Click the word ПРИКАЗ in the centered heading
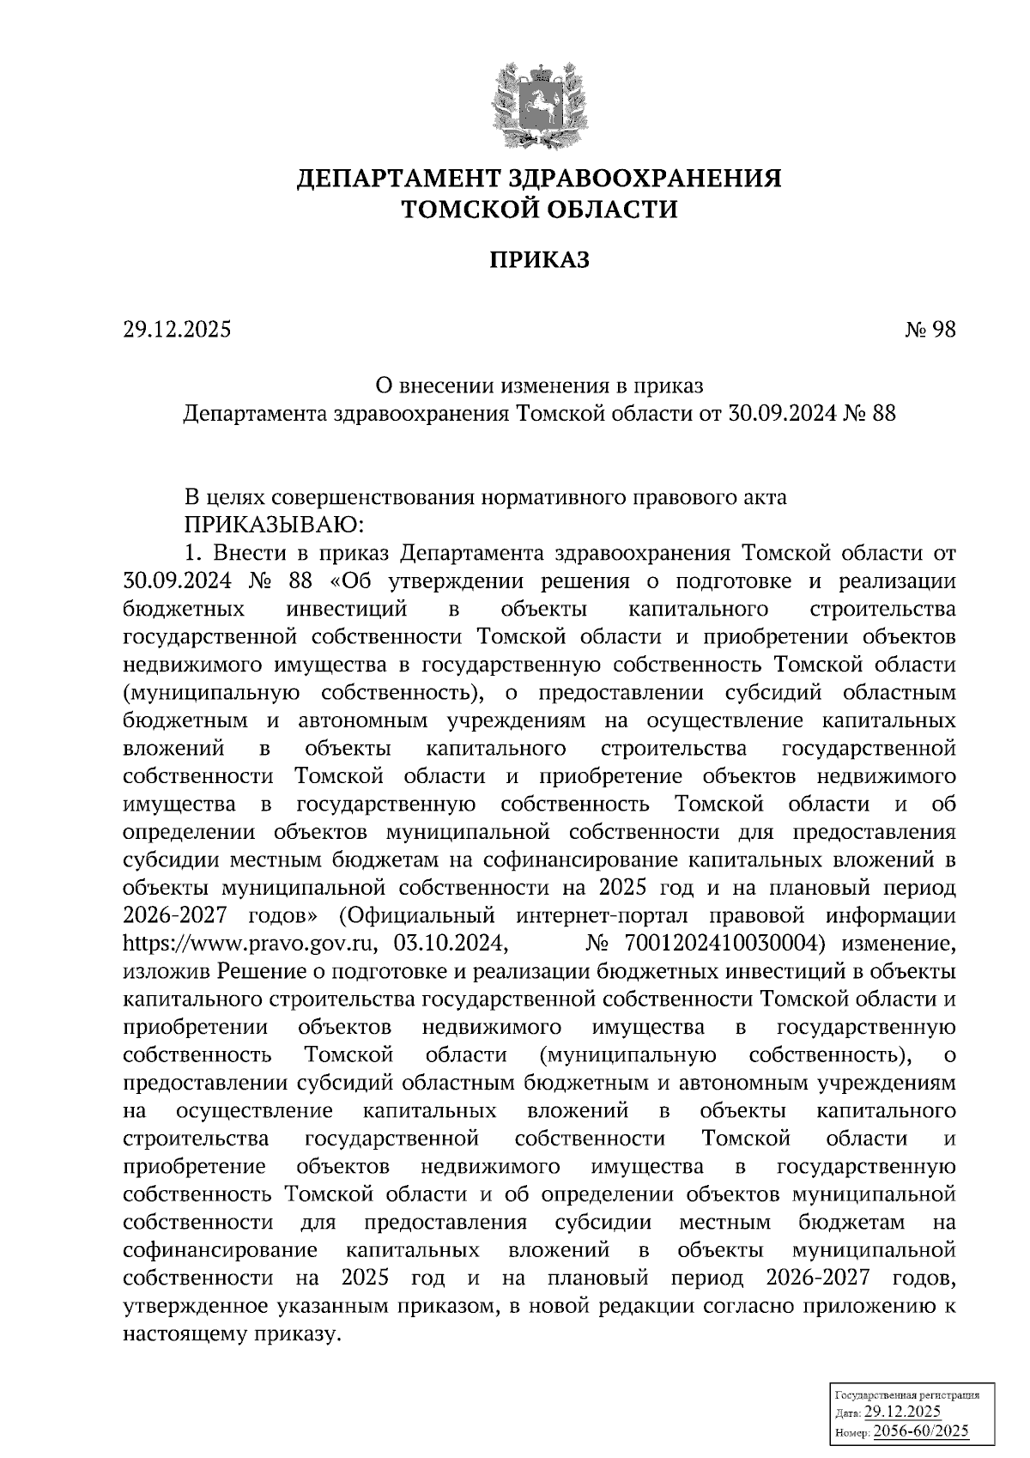(539, 259)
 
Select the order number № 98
(930, 330)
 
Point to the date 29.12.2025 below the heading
(178, 330)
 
